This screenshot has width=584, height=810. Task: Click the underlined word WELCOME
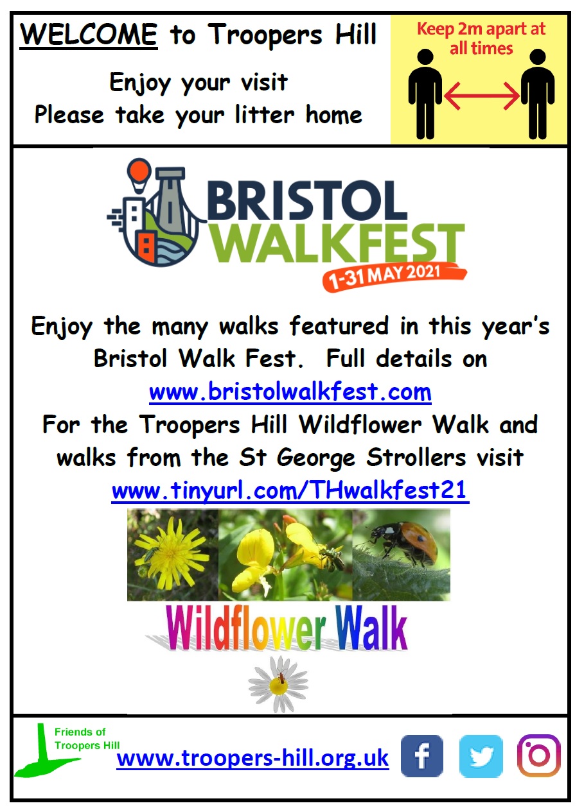[89, 35]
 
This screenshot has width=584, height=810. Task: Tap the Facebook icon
[422, 755]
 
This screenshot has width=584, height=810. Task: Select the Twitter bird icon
[481, 755]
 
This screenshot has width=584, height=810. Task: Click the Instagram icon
[539, 755]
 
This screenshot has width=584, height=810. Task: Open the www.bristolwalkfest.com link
[290, 392]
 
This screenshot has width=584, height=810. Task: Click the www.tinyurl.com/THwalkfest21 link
[290, 491]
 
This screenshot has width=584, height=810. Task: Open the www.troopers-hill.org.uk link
[252, 758]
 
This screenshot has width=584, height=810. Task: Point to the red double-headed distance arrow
[482, 96]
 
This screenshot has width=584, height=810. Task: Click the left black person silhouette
[425, 94]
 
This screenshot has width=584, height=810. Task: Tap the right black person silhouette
[538, 94]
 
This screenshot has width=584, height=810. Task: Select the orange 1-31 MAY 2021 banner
[394, 276]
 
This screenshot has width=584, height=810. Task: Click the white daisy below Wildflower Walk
[278, 685]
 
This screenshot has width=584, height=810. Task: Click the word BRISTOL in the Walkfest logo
[307, 201]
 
